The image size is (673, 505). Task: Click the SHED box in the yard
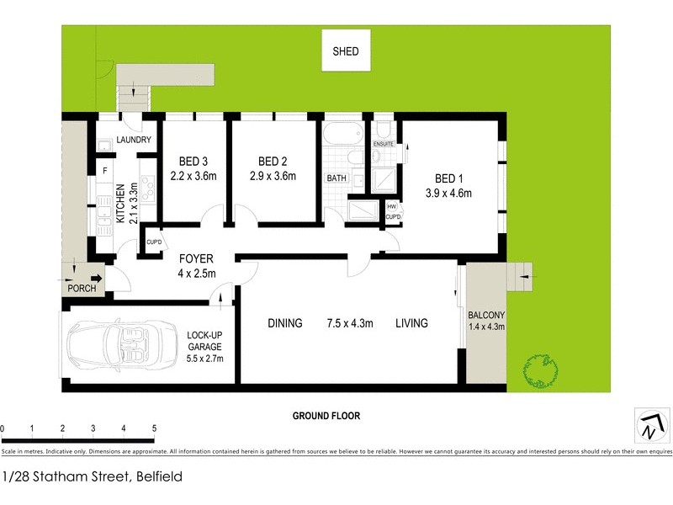pos(345,51)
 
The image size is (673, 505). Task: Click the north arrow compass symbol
pos(648,427)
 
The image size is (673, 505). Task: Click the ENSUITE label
pos(384,144)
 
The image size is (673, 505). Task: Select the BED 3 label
pos(193,162)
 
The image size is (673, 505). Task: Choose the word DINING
pos(285,323)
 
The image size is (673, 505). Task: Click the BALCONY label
pos(485,316)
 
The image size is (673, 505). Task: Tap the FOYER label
pos(195,258)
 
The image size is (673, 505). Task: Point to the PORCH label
pos(82,289)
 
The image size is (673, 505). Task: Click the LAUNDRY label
pos(133,141)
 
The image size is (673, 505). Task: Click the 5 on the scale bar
pos(154,429)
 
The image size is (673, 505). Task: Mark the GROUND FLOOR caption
pos(326,416)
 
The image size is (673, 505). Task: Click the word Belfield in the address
pos(157,476)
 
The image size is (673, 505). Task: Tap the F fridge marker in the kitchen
pos(104,171)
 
